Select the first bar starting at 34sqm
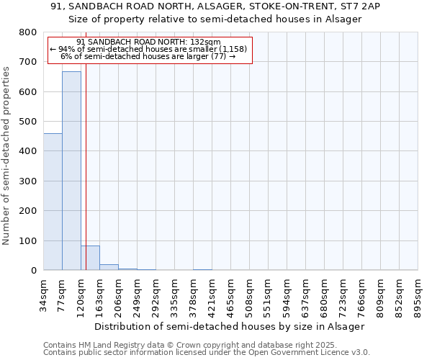coord(53,202)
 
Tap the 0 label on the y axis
coord(32,271)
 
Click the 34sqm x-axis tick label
coord(43,294)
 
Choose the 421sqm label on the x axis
coord(212,294)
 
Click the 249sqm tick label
coord(137,294)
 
